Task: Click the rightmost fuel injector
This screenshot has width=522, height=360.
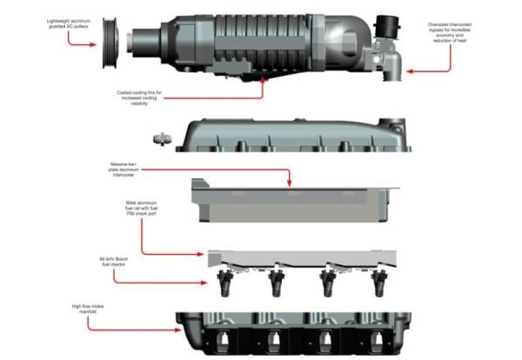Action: [x=379, y=281]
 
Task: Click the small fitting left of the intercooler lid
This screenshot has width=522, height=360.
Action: [x=159, y=137]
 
